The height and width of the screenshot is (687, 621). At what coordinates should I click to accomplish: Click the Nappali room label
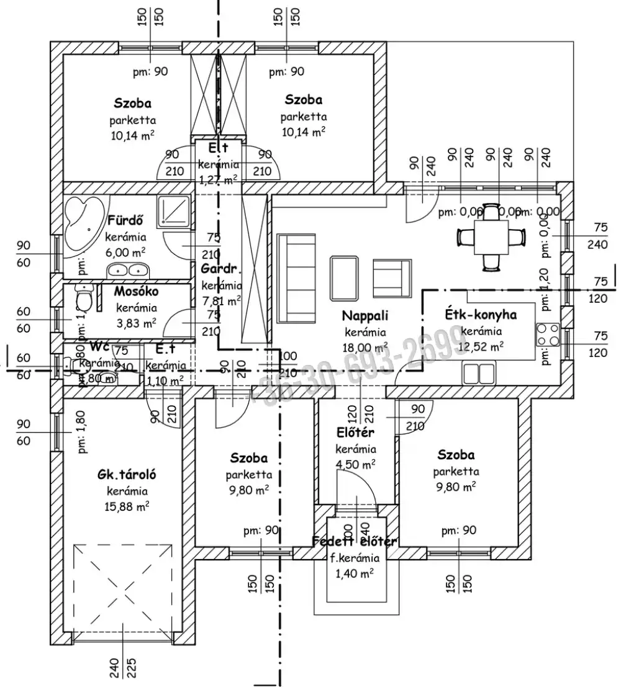365,315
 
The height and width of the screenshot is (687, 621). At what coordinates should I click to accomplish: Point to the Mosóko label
135,291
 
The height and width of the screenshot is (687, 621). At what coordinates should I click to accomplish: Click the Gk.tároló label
126,475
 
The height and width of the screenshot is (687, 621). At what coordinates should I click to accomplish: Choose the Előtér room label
355,433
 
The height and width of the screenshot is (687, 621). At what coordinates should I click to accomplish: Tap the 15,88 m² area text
126,506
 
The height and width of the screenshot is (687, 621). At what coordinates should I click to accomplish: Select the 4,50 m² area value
355,464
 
